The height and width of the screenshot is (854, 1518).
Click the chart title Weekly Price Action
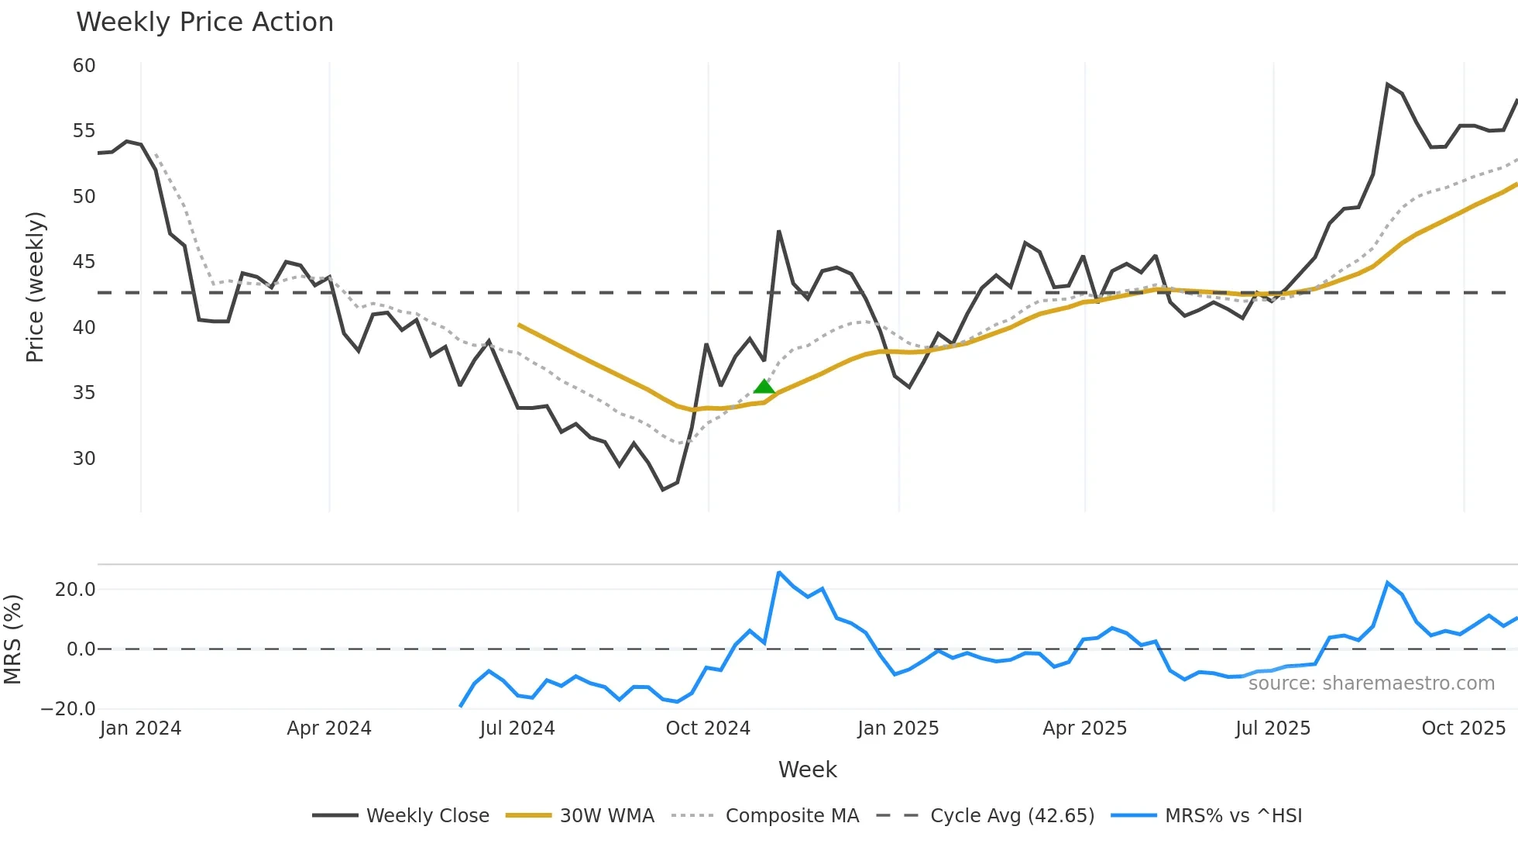pos(204,22)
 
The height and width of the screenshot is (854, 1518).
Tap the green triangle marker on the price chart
pos(764,387)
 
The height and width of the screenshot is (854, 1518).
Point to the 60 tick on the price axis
pos(84,66)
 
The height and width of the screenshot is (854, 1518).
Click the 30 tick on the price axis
pos(84,459)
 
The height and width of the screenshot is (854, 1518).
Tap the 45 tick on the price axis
pos(84,262)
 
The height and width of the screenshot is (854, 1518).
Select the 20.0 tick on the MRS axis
pos(75,590)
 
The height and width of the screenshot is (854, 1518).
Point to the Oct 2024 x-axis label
pos(708,728)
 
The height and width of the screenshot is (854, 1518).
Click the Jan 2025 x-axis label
pos(898,728)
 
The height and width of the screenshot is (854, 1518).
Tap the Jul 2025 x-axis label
pos(1272,728)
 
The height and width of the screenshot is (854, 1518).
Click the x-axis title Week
pos(807,770)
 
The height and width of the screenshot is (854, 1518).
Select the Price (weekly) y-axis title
pos(35,287)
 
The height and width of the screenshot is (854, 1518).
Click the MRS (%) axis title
pos(12,639)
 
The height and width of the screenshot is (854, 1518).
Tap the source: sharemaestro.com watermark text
pos(1371,684)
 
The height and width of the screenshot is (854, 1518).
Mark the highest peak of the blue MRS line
pos(779,573)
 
